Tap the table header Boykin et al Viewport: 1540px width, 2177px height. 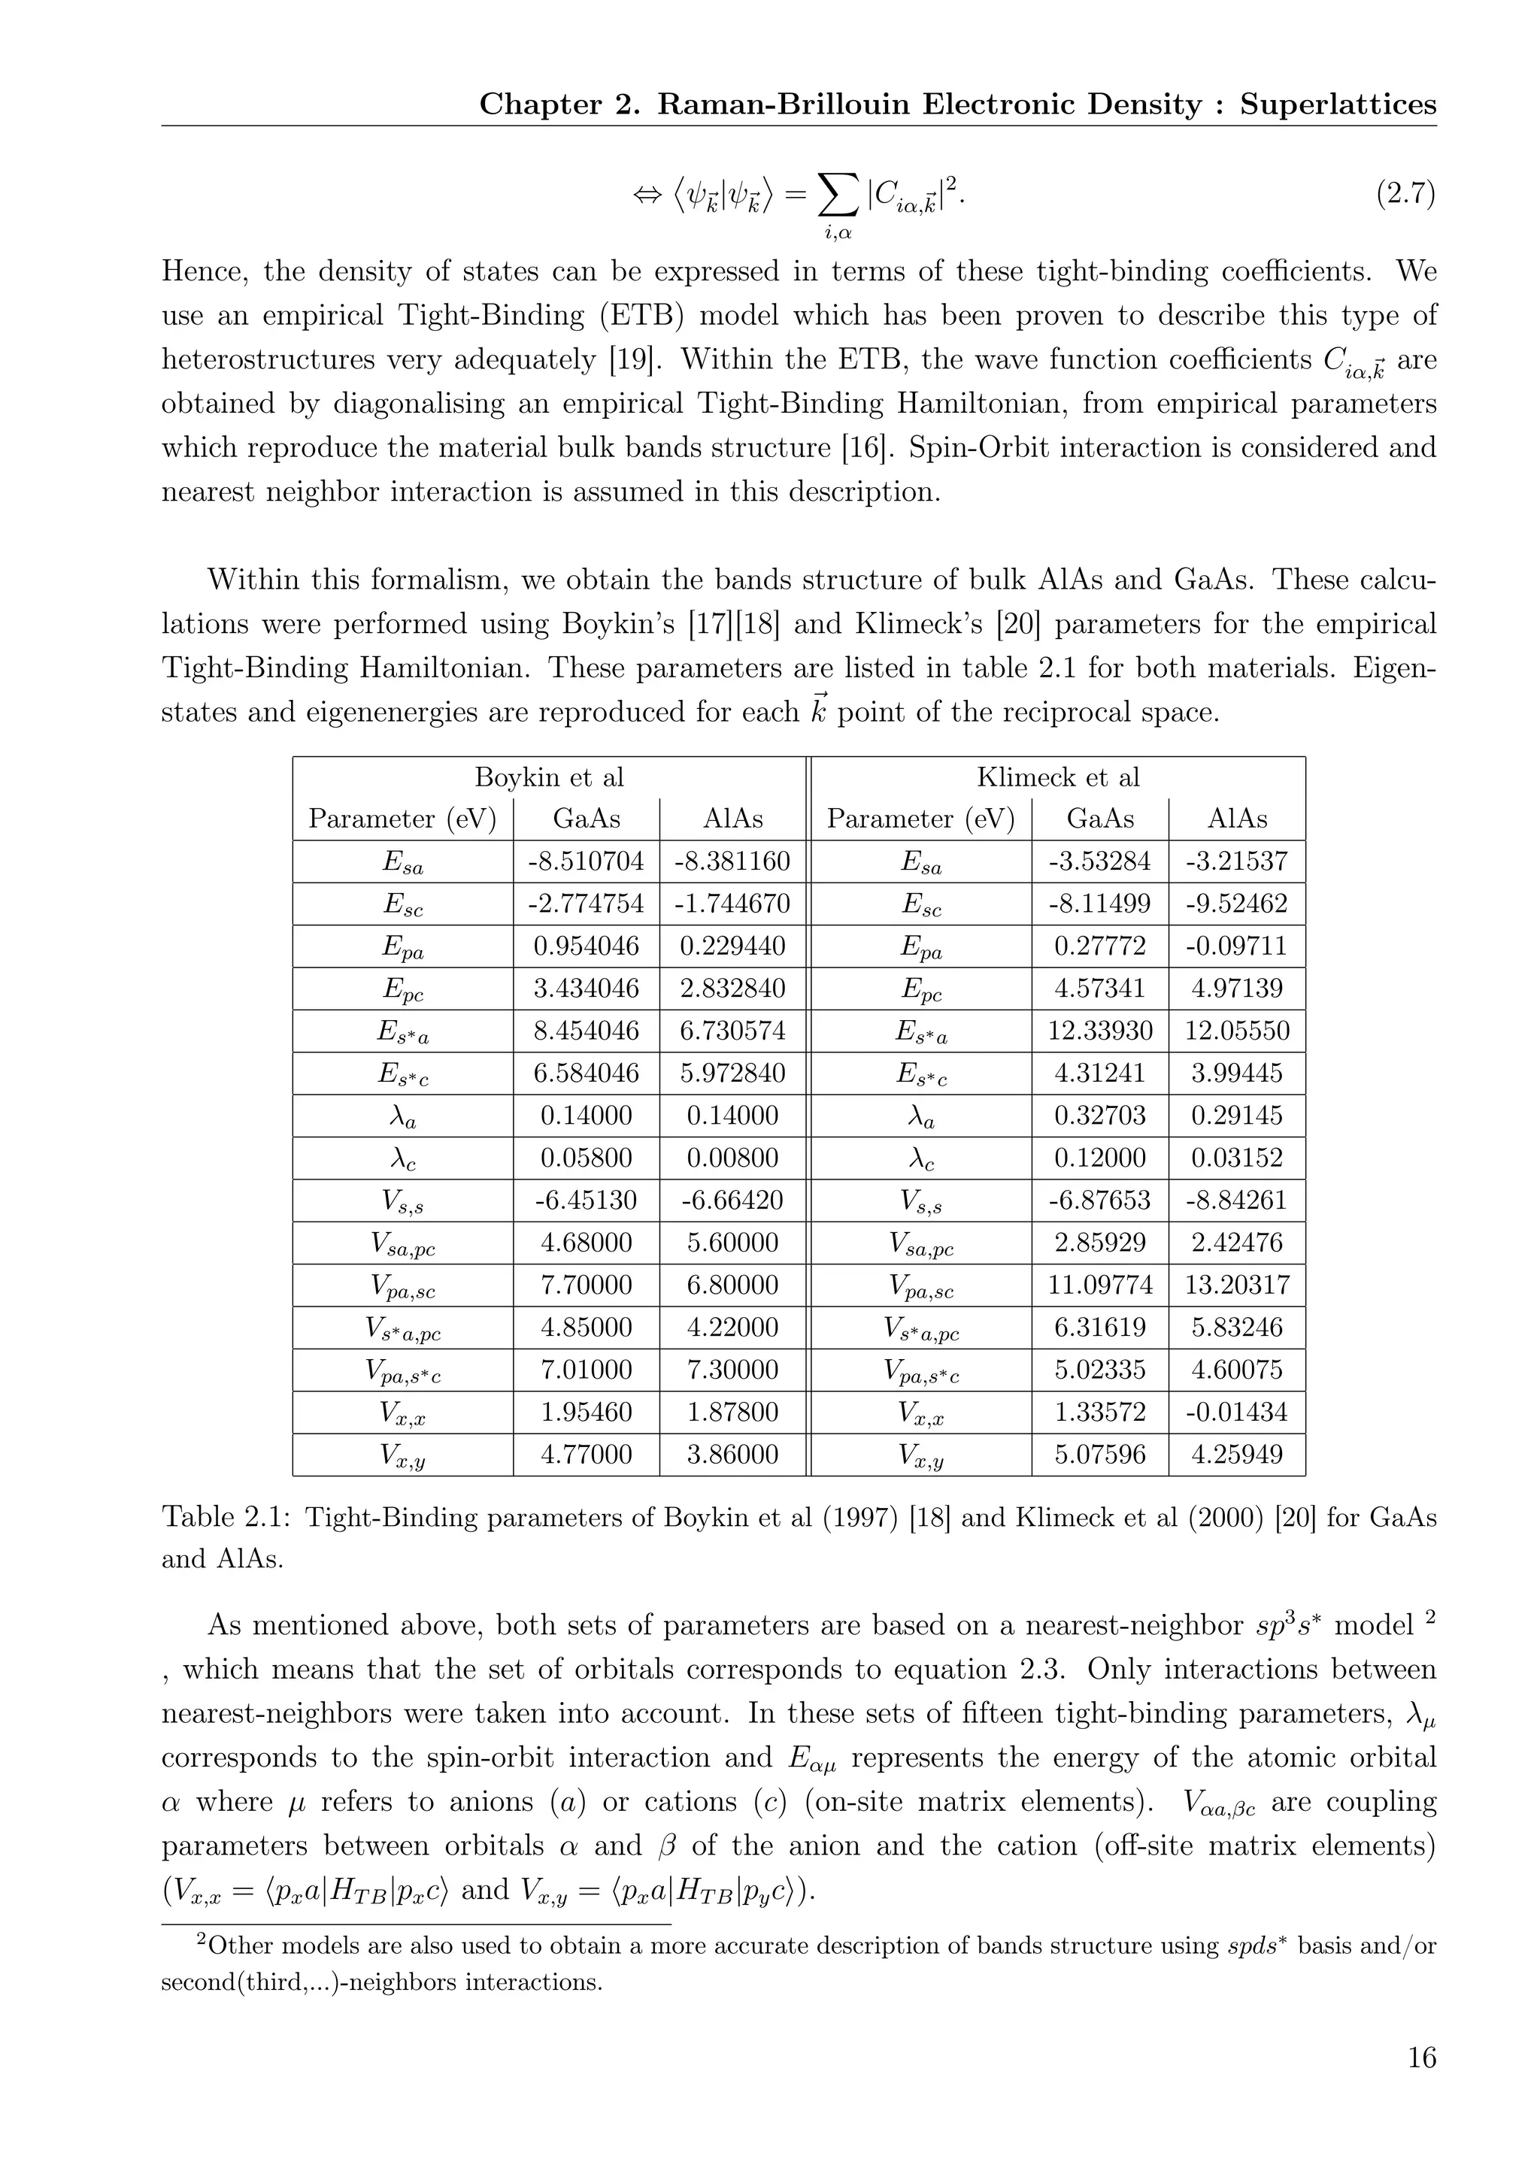pos(549,777)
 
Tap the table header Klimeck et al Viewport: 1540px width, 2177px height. pos(1057,777)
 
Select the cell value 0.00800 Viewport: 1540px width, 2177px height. pos(732,1158)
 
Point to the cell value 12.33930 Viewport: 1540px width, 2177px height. pos(1100,1031)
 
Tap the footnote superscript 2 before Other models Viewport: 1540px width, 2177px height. pos(201,1940)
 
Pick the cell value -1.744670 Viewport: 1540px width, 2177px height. pos(732,904)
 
